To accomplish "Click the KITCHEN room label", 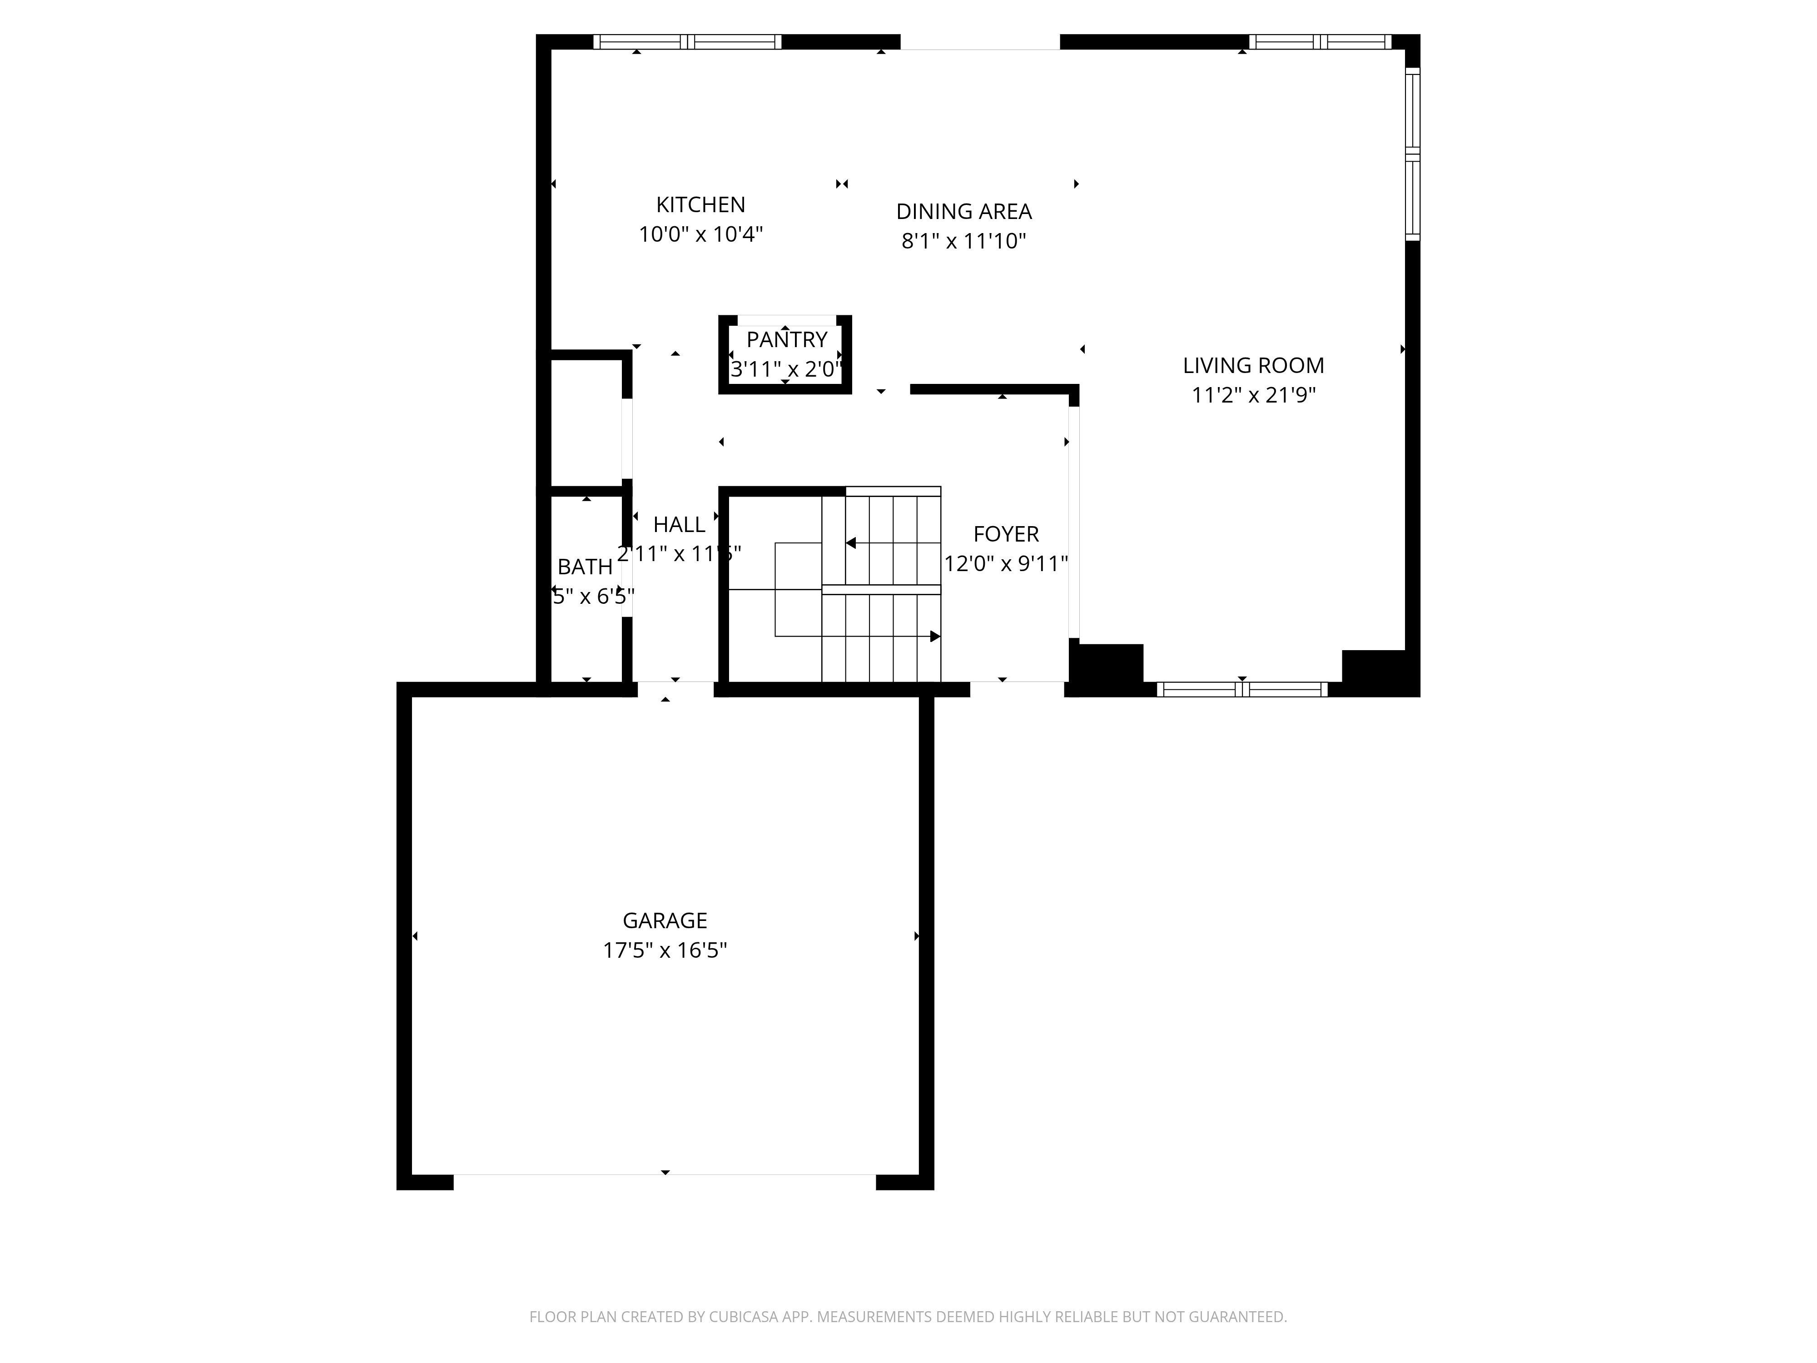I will (700, 204).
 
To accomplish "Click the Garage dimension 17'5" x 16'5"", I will (665, 950).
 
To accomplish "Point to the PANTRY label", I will (786, 339).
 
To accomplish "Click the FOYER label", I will (1005, 534).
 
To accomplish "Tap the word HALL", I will (679, 524).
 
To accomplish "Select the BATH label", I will (585, 567).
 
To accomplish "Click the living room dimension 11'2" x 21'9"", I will (1253, 395).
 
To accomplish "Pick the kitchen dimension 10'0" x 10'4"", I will (700, 234).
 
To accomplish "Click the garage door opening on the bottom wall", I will (665, 1181).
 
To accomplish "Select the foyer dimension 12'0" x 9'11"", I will (1005, 564).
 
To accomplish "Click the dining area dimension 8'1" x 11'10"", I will (963, 241).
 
